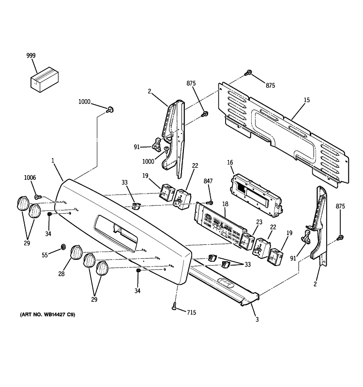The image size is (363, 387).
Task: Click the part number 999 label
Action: tap(31, 57)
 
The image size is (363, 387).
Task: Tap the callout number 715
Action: tap(192, 313)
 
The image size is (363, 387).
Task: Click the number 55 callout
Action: tap(45, 254)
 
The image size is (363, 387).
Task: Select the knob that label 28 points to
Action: tap(76, 253)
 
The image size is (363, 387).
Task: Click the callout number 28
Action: tap(61, 274)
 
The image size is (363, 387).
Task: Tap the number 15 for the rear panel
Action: tap(306, 100)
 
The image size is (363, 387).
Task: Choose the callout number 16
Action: tap(230, 164)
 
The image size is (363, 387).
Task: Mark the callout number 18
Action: tap(226, 205)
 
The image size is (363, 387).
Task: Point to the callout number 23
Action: tap(259, 223)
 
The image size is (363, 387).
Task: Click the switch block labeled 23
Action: tap(247, 240)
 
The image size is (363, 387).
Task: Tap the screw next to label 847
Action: tap(210, 202)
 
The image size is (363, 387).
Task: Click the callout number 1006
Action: tap(30, 178)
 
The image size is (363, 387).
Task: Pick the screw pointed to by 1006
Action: tap(38, 197)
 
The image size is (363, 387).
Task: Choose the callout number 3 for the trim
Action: tap(257, 320)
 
